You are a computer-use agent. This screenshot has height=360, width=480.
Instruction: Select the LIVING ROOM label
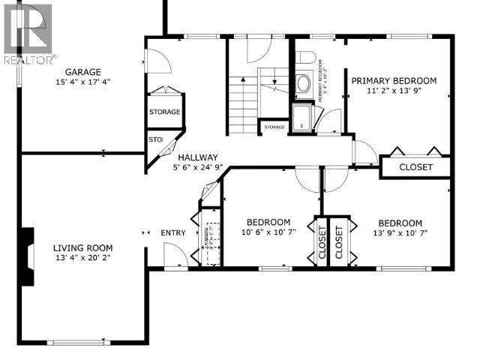pyautogui.click(x=82, y=248)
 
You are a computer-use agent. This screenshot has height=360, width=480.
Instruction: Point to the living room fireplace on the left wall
pyautogui.click(x=28, y=257)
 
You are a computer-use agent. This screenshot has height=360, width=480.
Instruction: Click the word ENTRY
pyautogui.click(x=173, y=233)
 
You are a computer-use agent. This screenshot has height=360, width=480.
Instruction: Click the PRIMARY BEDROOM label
pyautogui.click(x=394, y=81)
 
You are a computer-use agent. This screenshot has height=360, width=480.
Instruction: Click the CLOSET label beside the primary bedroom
pyautogui.click(x=415, y=167)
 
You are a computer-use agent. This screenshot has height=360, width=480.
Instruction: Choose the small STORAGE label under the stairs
pyautogui.click(x=274, y=127)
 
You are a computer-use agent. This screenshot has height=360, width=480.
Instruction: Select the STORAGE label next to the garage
pyautogui.click(x=164, y=112)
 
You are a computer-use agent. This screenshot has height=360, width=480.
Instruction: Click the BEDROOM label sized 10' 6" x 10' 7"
pyautogui.click(x=268, y=223)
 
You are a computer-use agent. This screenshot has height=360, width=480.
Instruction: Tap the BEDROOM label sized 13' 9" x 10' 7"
pyautogui.click(x=399, y=223)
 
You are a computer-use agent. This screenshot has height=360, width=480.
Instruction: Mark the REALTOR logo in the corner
pyautogui.click(x=28, y=34)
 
